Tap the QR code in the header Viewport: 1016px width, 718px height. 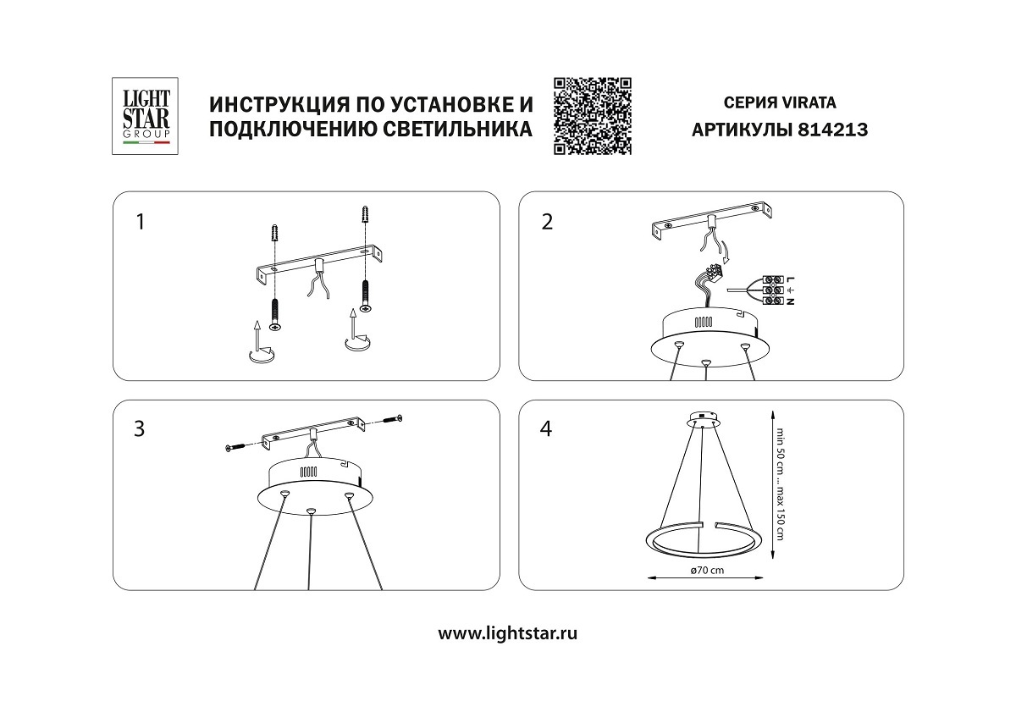click(593, 116)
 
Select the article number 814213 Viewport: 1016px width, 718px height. click(834, 130)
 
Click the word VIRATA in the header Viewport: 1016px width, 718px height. click(808, 102)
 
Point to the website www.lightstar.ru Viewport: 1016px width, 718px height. click(508, 632)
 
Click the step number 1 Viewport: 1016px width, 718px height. click(141, 222)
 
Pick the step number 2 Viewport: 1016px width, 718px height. click(547, 222)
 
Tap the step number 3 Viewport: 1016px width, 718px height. click(140, 429)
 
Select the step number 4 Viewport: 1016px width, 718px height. click(546, 429)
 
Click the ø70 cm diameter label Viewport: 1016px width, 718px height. click(707, 571)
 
